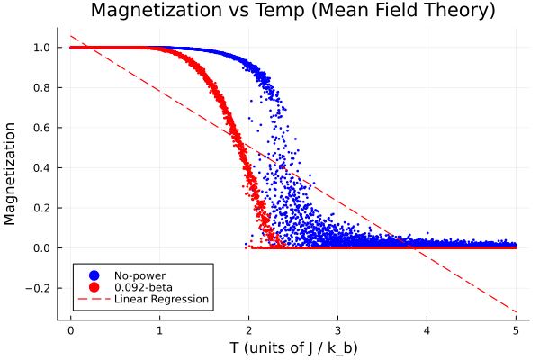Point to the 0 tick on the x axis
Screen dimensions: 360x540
[70, 329]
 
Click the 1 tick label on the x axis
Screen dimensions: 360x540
[159, 329]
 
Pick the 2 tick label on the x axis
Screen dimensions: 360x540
[249, 329]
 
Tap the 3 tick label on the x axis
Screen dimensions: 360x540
[338, 329]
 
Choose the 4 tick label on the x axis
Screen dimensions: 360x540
[427, 329]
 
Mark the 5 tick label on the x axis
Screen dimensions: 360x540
[517, 329]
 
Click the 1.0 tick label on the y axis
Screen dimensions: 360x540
[41, 48]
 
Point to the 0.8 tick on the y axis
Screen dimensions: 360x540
[41, 88]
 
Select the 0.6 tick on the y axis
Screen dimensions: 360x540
[41, 128]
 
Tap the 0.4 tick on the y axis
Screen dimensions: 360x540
[41, 168]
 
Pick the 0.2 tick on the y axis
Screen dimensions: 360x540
[41, 208]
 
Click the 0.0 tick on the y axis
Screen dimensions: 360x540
[41, 248]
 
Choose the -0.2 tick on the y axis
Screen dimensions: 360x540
[40, 288]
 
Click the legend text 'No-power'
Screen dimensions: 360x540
[139, 274]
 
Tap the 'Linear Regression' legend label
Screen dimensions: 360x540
[161, 299]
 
